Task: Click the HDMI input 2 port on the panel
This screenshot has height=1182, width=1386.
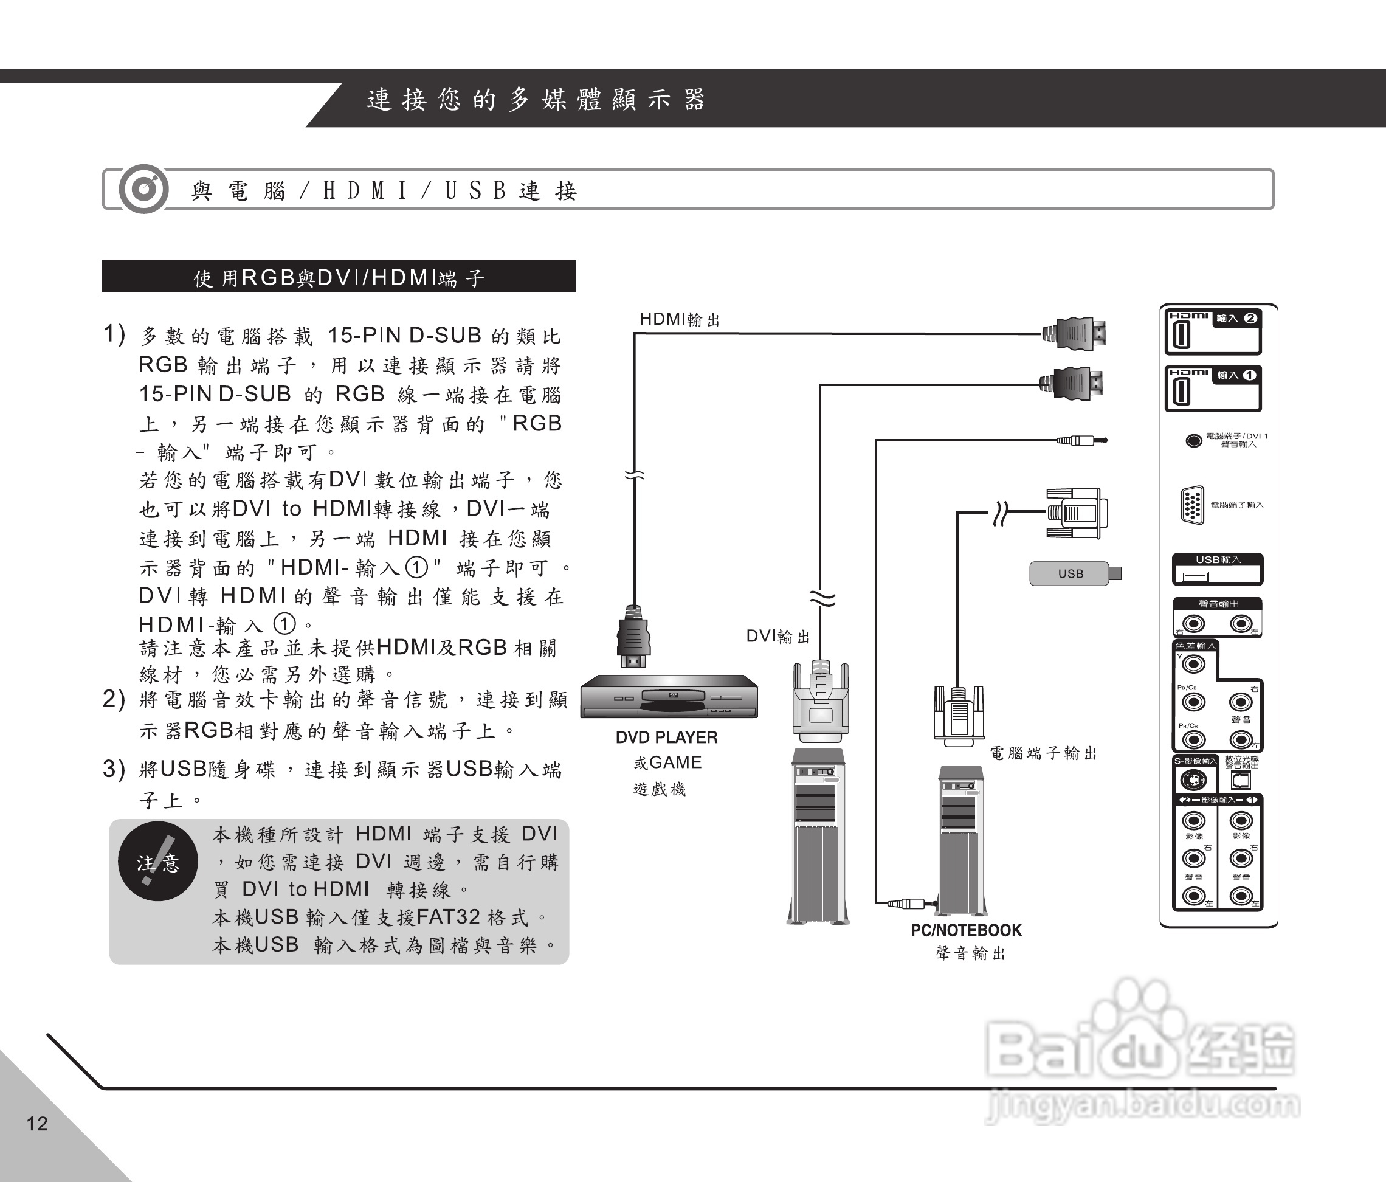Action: [x=1182, y=335]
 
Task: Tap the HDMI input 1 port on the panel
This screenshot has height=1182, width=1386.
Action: [x=1182, y=392]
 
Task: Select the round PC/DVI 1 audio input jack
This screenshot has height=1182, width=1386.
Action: [x=1193, y=441]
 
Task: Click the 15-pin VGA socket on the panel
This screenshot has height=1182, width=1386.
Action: [x=1193, y=505]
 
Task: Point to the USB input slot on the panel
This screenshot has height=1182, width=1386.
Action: [x=1196, y=576]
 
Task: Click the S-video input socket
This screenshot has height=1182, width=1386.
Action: [x=1193, y=780]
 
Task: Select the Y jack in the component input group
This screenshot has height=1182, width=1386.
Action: [x=1194, y=664]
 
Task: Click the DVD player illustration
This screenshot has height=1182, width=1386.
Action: [x=668, y=696]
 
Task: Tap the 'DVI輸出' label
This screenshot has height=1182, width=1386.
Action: [x=778, y=636]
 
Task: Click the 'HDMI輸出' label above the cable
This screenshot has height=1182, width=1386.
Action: [x=679, y=320]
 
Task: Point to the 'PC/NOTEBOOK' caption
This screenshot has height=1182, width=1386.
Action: [x=966, y=930]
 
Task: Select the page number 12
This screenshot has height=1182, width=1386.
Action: [x=38, y=1123]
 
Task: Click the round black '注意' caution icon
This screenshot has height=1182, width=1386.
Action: [x=158, y=862]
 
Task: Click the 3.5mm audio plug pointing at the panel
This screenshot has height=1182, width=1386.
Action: [x=1081, y=440]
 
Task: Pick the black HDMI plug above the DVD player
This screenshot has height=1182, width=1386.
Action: [x=633, y=635]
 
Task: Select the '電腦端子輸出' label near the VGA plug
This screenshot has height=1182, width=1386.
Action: [x=1044, y=754]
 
